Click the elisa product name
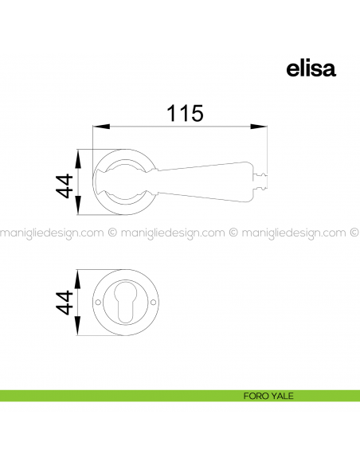(311, 69)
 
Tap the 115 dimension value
(185, 113)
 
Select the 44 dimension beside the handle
(65, 186)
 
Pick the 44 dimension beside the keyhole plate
(65, 303)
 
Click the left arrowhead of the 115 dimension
(101, 127)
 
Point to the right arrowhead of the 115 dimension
(259, 127)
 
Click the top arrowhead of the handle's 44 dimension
(78, 159)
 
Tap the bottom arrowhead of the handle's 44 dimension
(78, 205)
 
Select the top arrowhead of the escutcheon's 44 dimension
(77, 279)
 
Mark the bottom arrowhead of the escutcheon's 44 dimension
(77, 326)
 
